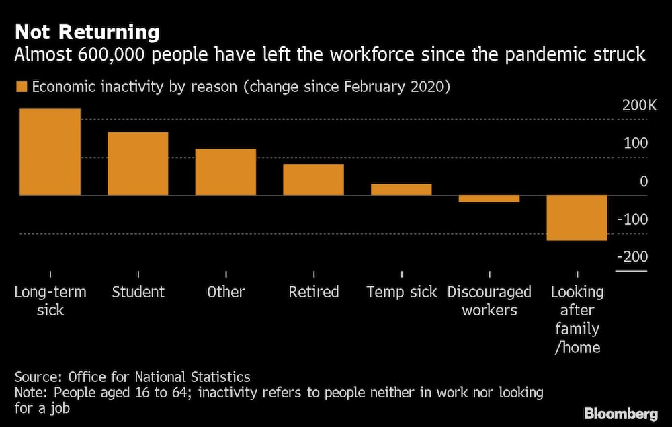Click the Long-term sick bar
point(50,152)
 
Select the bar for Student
point(138,163)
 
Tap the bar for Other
point(226,171)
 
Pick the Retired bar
point(313,180)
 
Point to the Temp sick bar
point(401,189)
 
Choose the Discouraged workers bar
point(489,199)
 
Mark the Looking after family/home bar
point(577,217)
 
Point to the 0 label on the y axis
point(643,181)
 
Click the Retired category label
point(314,292)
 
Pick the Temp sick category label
point(401,292)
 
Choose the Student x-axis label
point(138,292)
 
